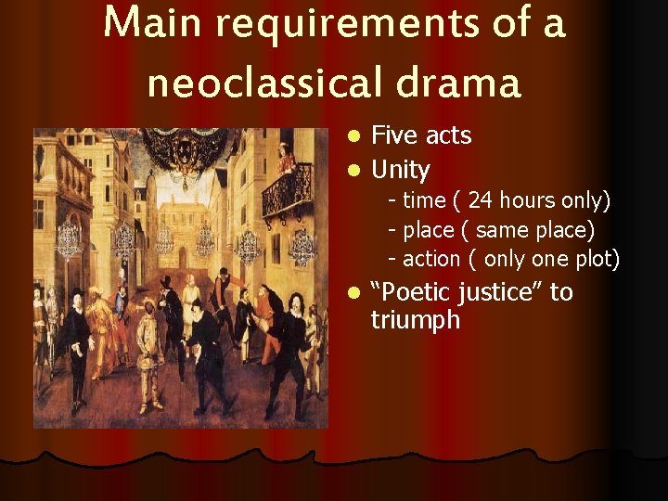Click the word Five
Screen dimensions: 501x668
[394, 135]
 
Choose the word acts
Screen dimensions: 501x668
[448, 135]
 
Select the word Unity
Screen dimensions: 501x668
[400, 170]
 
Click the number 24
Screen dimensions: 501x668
[481, 200]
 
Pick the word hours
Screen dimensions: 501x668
[532, 200]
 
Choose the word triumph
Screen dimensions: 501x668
[415, 321]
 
